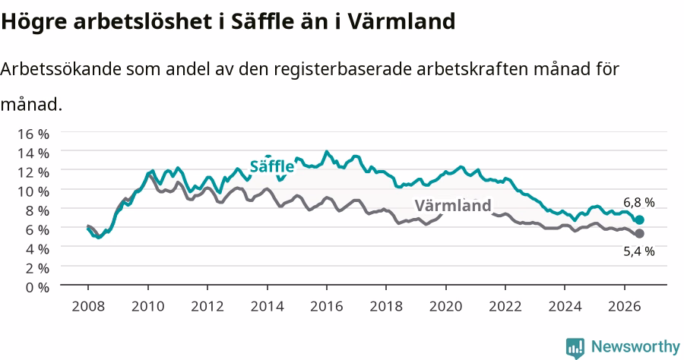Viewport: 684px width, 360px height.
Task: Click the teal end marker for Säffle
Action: (x=639, y=219)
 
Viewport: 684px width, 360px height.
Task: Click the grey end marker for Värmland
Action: (x=639, y=234)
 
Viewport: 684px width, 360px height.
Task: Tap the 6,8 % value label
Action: (x=638, y=202)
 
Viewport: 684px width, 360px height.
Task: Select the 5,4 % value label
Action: (x=638, y=251)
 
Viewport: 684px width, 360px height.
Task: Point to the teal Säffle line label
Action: (x=272, y=166)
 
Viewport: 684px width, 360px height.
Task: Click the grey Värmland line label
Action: (x=453, y=205)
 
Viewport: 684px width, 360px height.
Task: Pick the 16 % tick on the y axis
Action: (x=33, y=134)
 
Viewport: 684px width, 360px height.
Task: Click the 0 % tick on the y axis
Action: (x=37, y=287)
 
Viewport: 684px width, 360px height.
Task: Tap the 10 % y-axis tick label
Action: (x=33, y=191)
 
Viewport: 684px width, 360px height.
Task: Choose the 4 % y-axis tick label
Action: (x=37, y=249)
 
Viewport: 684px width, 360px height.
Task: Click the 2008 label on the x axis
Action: (x=88, y=306)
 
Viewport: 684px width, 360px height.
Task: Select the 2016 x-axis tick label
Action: (x=327, y=306)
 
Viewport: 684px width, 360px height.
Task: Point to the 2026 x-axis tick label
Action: (x=625, y=306)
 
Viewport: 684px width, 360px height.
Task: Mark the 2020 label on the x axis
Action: (x=446, y=306)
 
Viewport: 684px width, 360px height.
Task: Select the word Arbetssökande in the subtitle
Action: (x=61, y=69)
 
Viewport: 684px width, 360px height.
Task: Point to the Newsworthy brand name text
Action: (x=635, y=346)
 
